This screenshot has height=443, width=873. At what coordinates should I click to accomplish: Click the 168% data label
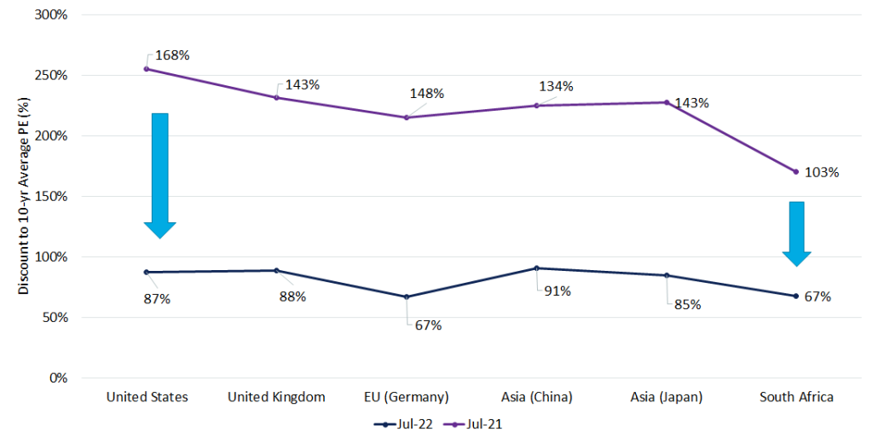173,55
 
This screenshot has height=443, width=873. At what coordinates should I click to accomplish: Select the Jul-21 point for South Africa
795,171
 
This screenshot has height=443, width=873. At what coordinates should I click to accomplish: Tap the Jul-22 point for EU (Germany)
407,296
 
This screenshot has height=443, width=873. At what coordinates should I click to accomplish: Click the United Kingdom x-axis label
277,397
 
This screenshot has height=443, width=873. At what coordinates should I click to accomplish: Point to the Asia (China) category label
536,397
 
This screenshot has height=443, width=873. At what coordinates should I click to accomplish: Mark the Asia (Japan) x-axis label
666,397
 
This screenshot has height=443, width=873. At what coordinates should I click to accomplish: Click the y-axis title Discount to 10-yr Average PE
25,196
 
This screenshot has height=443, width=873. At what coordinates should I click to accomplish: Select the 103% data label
822,172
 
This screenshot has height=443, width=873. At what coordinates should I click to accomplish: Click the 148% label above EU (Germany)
426,94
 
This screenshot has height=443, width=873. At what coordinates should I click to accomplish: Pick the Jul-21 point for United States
147,69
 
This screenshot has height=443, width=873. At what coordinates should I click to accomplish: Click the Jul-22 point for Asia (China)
536,268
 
